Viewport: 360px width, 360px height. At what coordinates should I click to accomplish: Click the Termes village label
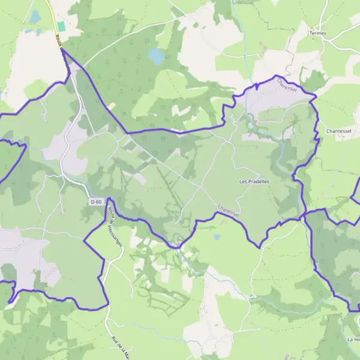pyautogui.click(x=318, y=33)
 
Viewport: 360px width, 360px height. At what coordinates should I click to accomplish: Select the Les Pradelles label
pyautogui.click(x=254, y=181)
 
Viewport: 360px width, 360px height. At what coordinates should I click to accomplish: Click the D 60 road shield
pyautogui.click(x=97, y=202)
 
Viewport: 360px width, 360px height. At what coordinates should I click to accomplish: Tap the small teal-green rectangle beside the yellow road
pyautogui.click(x=61, y=27)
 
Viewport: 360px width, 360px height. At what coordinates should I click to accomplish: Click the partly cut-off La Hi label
pyautogui.click(x=353, y=340)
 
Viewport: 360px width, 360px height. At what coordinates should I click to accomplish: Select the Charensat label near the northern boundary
pyautogui.click(x=288, y=85)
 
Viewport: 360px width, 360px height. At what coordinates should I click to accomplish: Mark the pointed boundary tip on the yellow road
pyautogui.click(x=63, y=50)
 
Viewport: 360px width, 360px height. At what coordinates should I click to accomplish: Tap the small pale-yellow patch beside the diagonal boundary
pyautogui.click(x=111, y=106)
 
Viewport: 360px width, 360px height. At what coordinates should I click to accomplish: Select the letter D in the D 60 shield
pyautogui.click(x=93, y=202)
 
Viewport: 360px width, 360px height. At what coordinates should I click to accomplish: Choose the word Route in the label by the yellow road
pyautogui.click(x=59, y=39)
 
